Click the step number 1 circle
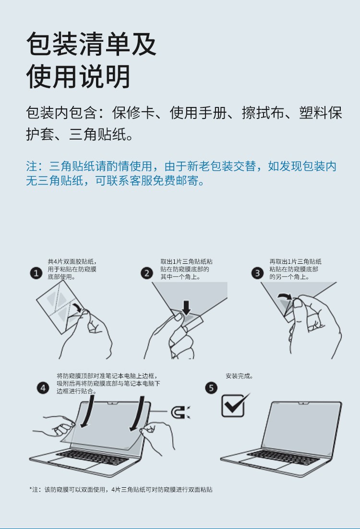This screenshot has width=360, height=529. click(36, 273)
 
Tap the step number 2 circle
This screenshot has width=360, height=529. click(146, 273)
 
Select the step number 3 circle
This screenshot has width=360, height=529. click(257, 273)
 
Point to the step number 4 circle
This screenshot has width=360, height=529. click(43, 388)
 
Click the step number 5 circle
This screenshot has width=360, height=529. click(211, 388)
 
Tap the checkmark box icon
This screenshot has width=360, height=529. click(235, 405)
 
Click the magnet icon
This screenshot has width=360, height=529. click(180, 412)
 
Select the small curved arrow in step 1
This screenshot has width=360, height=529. click(78, 306)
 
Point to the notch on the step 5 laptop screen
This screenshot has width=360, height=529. click(304, 403)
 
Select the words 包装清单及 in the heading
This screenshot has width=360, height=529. click(91, 44)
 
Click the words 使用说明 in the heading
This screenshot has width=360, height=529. click(78, 76)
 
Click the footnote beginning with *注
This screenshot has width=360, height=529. click(121, 490)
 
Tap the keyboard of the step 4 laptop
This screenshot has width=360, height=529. click(92, 457)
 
